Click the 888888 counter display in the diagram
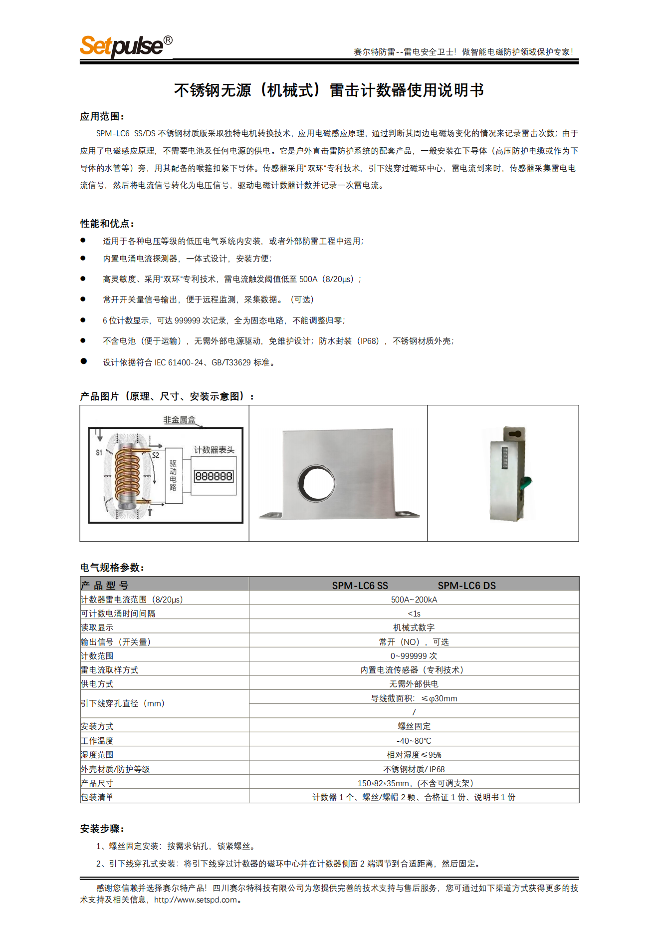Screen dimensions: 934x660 214,476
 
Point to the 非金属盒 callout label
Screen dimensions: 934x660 179,420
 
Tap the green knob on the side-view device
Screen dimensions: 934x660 526,483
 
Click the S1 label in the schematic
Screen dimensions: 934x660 99,452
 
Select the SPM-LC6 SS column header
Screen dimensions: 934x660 360,586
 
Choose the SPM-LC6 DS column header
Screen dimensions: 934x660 466,586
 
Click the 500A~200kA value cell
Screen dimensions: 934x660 414,600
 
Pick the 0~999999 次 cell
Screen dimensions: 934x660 414,656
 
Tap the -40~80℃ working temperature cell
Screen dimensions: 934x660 414,741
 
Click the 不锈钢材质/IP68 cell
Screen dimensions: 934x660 414,769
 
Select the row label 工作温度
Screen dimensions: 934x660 97,741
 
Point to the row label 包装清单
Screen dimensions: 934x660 97,797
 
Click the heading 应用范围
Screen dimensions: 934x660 102,116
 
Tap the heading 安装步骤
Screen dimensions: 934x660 102,829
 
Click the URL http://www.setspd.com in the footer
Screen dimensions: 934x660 196,900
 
